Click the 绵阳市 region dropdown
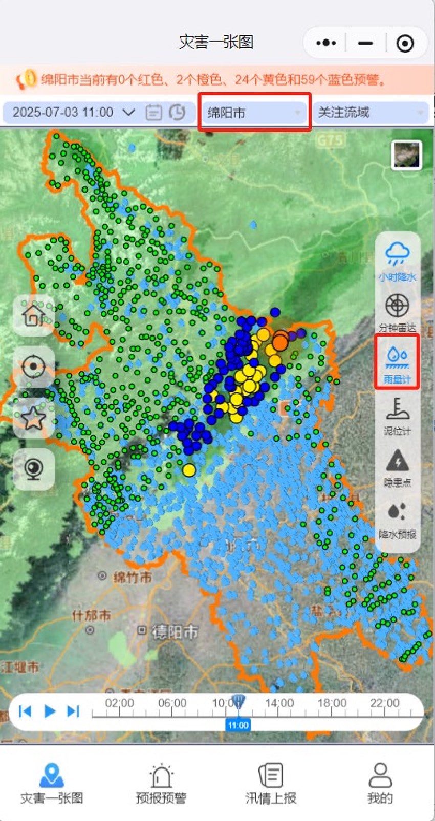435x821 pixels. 254,112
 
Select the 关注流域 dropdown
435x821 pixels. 369,112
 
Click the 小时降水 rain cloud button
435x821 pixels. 397,261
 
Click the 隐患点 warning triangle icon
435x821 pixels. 397,467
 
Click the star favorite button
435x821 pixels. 34,418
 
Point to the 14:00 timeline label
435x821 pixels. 279,703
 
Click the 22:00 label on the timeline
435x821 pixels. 385,703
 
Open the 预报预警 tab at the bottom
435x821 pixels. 161,783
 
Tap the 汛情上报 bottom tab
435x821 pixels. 271,783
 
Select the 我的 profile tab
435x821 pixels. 380,783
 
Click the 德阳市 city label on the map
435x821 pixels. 174,633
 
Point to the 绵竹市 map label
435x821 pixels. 132,577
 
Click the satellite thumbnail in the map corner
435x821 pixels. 406,155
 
